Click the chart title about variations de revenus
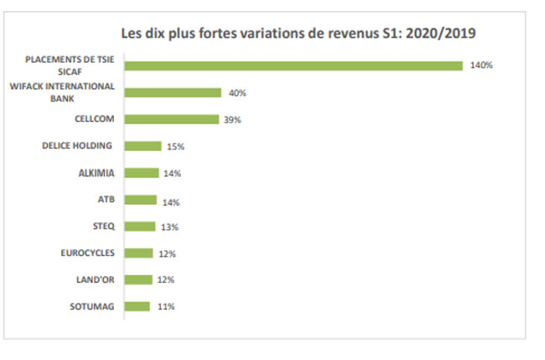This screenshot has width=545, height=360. (300, 34)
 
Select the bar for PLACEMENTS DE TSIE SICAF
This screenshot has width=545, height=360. (293, 65)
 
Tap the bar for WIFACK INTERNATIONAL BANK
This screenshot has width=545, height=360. (173, 93)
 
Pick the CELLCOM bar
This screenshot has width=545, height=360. (172, 119)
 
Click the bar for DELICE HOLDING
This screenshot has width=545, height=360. (143, 146)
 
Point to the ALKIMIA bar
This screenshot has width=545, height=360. (142, 173)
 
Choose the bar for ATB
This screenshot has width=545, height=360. (141, 200)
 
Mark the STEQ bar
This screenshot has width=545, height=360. (140, 227)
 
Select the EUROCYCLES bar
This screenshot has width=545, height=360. (139, 253)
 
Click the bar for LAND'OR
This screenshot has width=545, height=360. (139, 279)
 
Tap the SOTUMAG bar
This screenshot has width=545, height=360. (138, 306)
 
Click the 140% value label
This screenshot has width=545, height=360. (481, 65)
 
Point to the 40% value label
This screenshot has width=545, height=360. (236, 93)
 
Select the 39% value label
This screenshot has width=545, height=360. (232, 120)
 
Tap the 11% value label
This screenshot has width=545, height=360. (165, 307)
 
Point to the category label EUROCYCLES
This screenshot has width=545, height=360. (88, 253)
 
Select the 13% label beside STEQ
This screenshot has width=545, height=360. (170, 227)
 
